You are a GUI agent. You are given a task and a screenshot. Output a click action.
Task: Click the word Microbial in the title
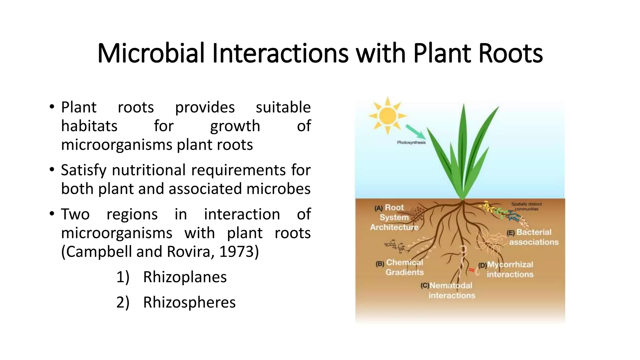[x=151, y=53]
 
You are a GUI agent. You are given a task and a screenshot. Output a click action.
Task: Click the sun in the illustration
[x=387, y=116]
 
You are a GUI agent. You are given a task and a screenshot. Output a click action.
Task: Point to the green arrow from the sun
[x=415, y=132]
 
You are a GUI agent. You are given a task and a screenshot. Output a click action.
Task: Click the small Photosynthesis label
[x=411, y=142]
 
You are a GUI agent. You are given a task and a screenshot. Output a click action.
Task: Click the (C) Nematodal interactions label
[x=450, y=290]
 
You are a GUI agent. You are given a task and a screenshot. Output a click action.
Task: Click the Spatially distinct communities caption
[x=527, y=206]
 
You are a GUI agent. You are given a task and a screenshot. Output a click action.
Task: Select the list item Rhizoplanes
[x=185, y=277]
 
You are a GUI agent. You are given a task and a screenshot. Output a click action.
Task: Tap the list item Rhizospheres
[x=189, y=302]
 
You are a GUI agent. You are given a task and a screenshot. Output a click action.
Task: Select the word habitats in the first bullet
[x=89, y=126]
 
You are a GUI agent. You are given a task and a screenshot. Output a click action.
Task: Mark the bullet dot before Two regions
[x=52, y=214]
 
